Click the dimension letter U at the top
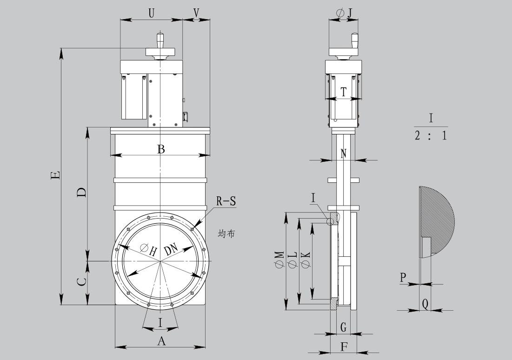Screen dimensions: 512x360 pos(152,13)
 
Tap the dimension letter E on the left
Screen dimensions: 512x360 pos(56,175)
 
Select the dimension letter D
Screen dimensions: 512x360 pos(82,192)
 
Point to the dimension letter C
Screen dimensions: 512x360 pos(82,281)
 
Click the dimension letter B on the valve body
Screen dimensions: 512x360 pos(161,149)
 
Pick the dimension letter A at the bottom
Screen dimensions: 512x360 pos(162,341)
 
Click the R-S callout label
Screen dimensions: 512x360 pos(226,201)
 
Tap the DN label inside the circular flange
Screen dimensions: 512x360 pos(171,249)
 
